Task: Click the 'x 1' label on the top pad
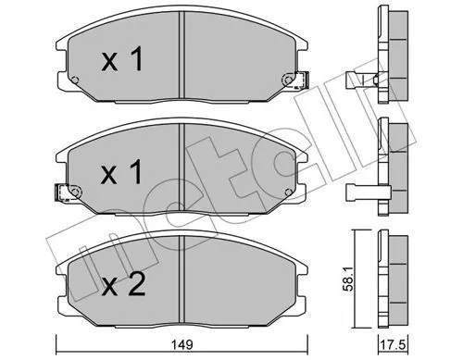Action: click(x=122, y=59)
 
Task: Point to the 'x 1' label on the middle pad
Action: click(x=122, y=172)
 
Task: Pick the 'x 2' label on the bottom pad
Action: click(x=123, y=284)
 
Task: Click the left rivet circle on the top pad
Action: click(x=74, y=81)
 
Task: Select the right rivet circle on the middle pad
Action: click(x=288, y=192)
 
